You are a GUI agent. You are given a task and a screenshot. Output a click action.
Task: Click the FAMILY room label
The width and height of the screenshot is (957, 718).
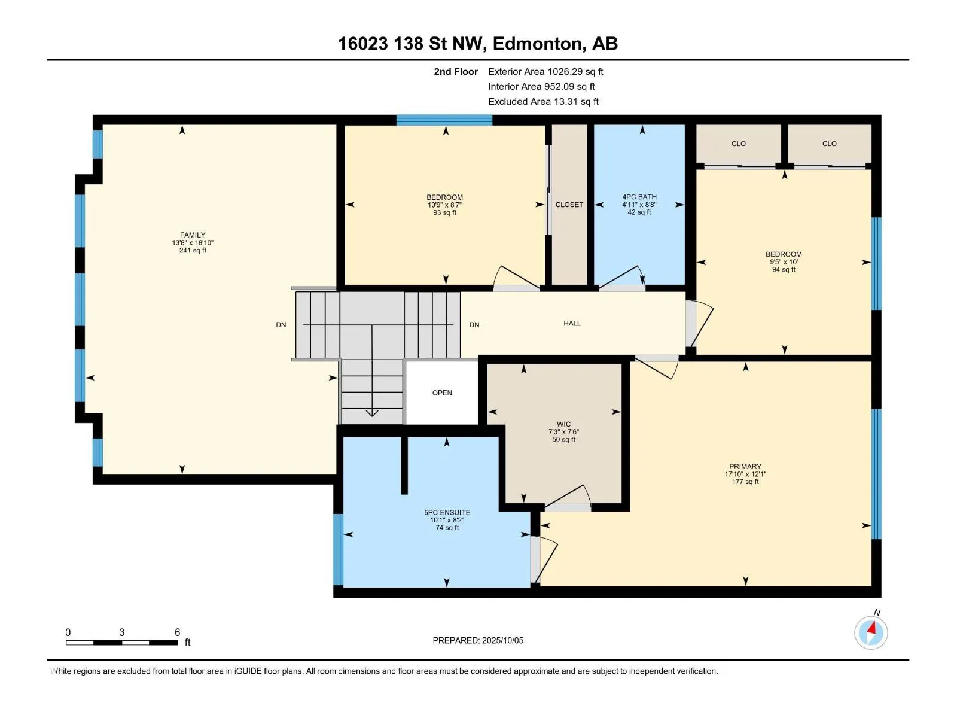(x=192, y=235)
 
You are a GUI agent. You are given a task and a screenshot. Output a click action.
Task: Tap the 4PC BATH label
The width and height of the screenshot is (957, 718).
(x=639, y=197)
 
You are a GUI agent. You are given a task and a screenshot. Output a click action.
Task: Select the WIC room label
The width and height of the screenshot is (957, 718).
(x=563, y=424)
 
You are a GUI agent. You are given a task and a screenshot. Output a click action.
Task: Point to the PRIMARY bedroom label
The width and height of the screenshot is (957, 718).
(x=745, y=466)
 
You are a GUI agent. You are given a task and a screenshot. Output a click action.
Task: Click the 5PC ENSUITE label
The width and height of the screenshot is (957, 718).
(x=447, y=512)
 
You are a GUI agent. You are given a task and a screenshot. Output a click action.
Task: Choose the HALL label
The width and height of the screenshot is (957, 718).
(x=572, y=323)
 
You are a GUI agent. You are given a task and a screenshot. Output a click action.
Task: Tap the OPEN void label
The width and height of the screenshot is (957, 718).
(x=441, y=393)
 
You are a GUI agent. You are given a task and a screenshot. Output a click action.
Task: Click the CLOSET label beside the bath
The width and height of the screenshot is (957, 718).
(x=569, y=205)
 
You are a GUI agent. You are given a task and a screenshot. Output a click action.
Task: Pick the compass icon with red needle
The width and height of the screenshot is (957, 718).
(x=870, y=632)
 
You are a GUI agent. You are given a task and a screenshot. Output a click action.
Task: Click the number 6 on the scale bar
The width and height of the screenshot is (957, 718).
(x=177, y=632)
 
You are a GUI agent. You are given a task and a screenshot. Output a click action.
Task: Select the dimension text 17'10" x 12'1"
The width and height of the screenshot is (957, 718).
(x=745, y=474)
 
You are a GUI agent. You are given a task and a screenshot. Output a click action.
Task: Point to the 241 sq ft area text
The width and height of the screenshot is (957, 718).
(x=192, y=250)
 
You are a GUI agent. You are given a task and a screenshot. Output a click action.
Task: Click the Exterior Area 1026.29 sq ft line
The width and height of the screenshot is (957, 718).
(x=545, y=71)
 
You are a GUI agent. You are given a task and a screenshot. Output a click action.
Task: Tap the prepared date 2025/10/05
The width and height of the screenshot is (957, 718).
(x=502, y=640)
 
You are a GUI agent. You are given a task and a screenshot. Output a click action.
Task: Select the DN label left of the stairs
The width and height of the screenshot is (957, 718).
(x=281, y=325)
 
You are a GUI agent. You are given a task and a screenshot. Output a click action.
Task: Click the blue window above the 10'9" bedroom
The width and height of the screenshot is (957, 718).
(x=444, y=120)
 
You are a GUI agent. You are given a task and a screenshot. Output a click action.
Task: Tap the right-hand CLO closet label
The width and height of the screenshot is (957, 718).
(x=829, y=144)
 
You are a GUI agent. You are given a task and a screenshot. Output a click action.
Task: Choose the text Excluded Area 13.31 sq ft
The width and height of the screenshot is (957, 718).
(x=543, y=102)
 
